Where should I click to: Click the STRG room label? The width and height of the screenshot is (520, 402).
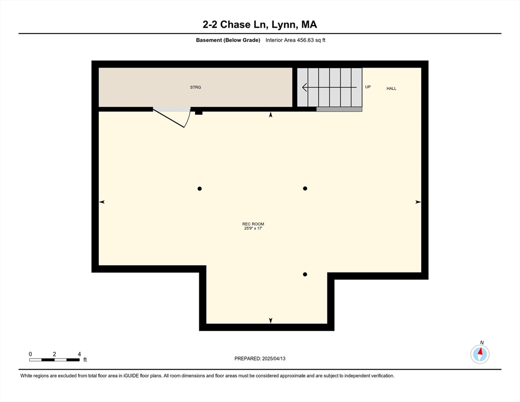point(195,87)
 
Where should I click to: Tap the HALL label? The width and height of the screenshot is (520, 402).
point(391,88)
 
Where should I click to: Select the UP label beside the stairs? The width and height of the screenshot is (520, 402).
point(368,87)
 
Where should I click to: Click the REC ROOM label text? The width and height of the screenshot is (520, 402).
point(253,224)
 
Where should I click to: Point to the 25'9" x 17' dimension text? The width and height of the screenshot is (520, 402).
point(253,229)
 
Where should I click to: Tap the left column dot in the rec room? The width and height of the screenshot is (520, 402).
point(199,188)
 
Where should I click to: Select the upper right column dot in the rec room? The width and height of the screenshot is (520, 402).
point(305,188)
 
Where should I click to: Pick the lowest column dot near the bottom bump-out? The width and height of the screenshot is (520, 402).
point(305,274)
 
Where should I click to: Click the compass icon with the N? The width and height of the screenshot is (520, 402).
point(479,354)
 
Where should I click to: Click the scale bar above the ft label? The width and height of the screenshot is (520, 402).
point(54,360)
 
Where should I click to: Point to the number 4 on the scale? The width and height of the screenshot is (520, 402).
point(79,354)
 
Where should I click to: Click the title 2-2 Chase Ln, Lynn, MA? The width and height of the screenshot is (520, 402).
point(259,24)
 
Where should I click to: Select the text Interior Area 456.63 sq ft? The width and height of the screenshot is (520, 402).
point(296,40)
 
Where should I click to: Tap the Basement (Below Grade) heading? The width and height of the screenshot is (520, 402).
point(228,40)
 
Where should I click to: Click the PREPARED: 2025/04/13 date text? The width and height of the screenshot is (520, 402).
point(259,359)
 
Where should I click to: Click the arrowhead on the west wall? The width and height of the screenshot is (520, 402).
point(101,202)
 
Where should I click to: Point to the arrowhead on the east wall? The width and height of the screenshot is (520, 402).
point(418,202)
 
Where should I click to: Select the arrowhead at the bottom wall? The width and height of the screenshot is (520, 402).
point(270,320)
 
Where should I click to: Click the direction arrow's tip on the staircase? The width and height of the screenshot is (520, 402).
point(303,87)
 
